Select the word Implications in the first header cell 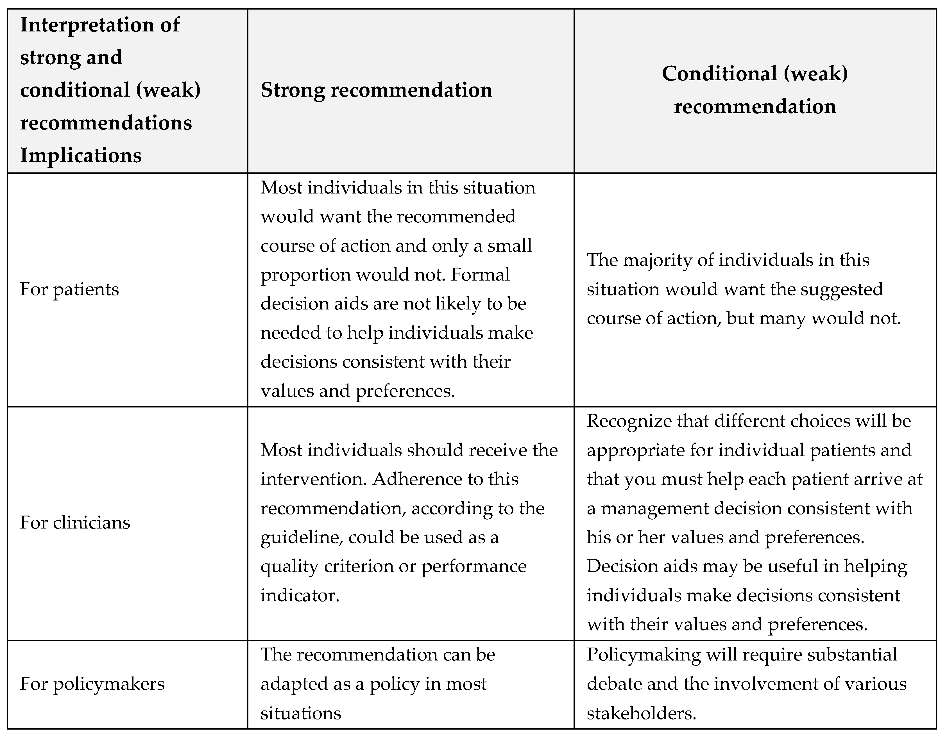[x=81, y=155]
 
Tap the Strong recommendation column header [x=376, y=90]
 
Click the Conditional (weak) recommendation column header [x=755, y=90]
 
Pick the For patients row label [x=69, y=290]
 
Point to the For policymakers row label [x=92, y=684]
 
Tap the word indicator [x=300, y=595]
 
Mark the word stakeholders [x=641, y=713]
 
